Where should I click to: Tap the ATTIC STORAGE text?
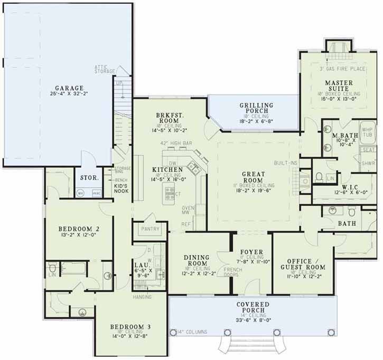[105, 69]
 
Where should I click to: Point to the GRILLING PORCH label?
[256, 108]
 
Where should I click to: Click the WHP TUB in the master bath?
[367, 131]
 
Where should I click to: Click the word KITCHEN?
[167, 169]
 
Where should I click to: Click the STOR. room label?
[89, 178]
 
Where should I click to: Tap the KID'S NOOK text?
[122, 186]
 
